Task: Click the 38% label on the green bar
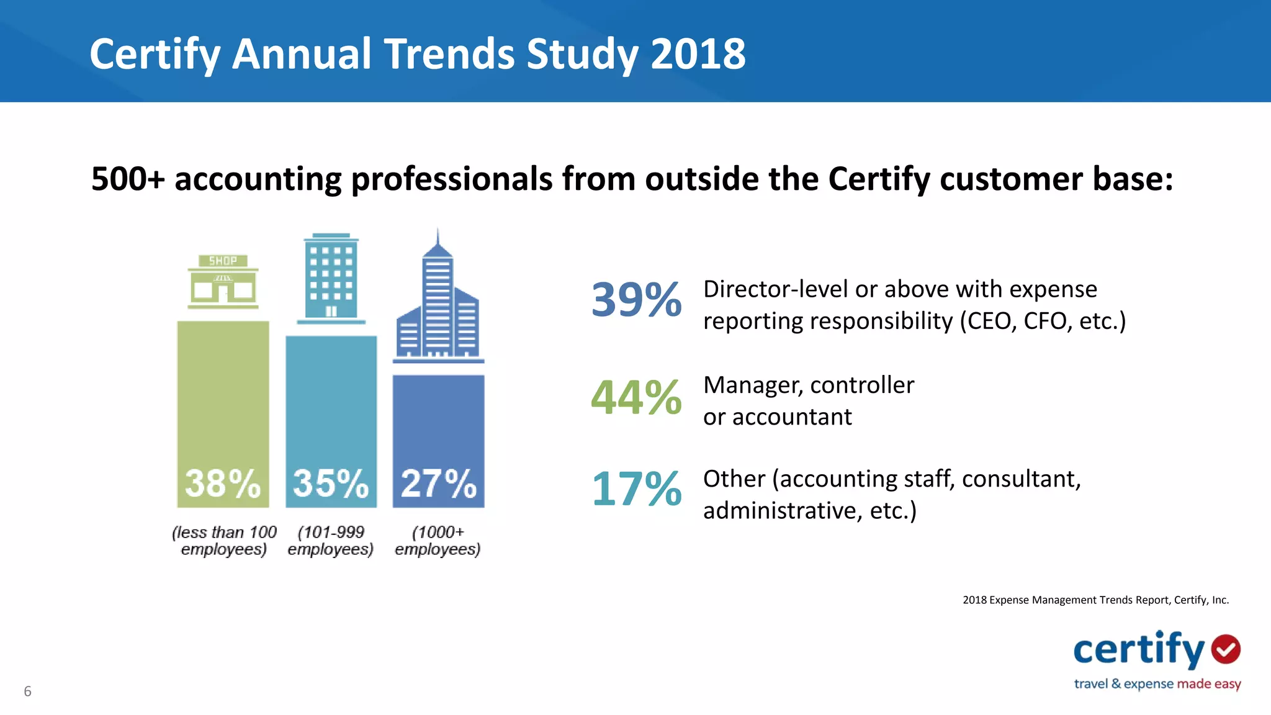tap(223, 483)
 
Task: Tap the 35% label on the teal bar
tap(331, 483)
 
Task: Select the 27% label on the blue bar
tap(438, 483)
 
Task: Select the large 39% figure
tap(636, 300)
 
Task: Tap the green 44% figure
tap(636, 397)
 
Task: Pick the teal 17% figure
tap(636, 489)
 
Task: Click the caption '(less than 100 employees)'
tap(224, 541)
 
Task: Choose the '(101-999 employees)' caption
tap(331, 541)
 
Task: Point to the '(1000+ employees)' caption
tap(438, 541)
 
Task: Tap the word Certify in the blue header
tap(155, 54)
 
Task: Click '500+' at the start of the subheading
tap(128, 179)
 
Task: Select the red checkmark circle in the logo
tap(1226, 649)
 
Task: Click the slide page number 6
tap(27, 691)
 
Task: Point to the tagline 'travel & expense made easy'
tap(1157, 684)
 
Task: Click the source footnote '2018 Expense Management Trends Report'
tap(1065, 600)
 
